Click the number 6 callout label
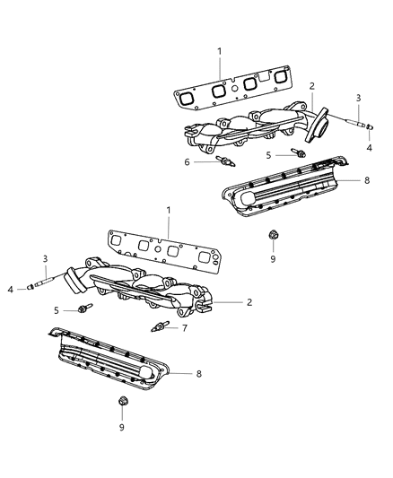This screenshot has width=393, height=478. point(187,162)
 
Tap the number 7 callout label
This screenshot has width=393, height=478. point(186,328)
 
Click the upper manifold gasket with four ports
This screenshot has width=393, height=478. point(232,92)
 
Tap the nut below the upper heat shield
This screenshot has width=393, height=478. point(273,237)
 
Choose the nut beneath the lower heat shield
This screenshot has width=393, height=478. point(122,404)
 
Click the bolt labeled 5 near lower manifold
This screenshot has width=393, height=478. point(84,309)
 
